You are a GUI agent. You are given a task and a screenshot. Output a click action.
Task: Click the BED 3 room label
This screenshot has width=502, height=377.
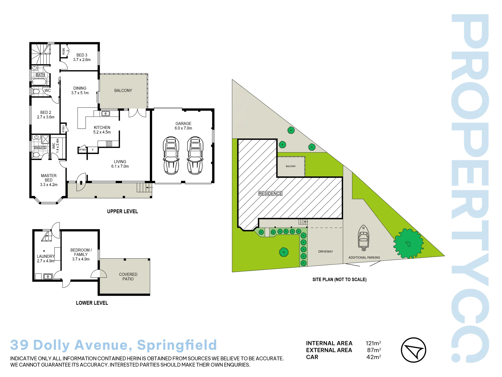click(82, 57)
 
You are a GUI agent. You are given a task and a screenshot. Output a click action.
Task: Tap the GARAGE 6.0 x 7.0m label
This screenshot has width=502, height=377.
click(183, 126)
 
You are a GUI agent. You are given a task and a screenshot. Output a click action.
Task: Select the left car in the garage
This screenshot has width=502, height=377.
click(171, 156)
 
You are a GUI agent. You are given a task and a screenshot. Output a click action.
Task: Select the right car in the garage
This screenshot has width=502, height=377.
click(195, 156)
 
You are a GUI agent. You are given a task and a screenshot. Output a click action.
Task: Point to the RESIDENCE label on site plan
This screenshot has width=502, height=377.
click(270, 194)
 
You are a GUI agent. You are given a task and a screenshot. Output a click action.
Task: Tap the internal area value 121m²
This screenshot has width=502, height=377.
click(373, 343)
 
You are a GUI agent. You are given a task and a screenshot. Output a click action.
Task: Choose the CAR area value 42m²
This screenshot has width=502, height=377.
click(374, 357)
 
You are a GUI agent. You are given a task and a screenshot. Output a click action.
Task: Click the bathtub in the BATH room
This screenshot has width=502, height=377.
click(39, 82)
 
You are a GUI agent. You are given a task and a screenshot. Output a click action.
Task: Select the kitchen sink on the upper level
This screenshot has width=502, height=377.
click(106, 114)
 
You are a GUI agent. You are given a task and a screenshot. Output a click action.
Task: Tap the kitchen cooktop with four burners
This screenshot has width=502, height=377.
click(109, 144)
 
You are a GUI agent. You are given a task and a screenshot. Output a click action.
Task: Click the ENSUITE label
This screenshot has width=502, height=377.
click(40, 148)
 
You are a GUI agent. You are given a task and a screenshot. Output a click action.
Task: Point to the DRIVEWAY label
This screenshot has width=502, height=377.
click(326, 252)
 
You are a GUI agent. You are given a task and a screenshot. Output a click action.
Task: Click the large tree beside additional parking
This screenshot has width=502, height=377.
click(408, 244)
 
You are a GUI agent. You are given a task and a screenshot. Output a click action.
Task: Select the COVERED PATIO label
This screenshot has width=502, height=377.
click(128, 276)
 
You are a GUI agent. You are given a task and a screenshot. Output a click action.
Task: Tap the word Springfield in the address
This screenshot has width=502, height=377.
click(177, 345)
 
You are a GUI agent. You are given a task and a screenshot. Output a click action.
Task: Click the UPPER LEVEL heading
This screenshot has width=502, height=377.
click(122, 211)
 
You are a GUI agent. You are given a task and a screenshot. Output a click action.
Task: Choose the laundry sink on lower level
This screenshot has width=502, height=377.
click(48, 276)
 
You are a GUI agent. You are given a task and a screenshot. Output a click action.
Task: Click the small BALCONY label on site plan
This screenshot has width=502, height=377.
click(291, 166)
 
